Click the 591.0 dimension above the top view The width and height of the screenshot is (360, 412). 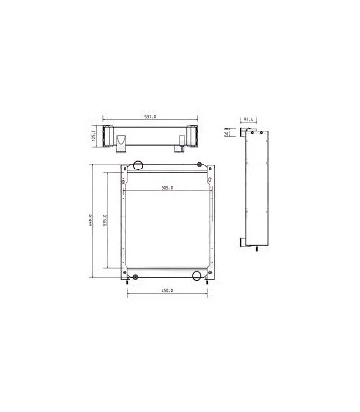pyautogui.click(x=151, y=118)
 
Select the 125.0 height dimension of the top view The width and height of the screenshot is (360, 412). pyautogui.click(x=94, y=139)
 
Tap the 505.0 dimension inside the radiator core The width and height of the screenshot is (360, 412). pyautogui.click(x=167, y=188)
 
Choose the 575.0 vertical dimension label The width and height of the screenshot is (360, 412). pyautogui.click(x=106, y=221)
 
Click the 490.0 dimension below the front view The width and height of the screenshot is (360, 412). pyautogui.click(x=166, y=290)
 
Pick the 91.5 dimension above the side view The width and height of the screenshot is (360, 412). pyautogui.click(x=249, y=120)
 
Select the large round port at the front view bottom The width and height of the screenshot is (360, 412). pyautogui.click(x=198, y=277)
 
